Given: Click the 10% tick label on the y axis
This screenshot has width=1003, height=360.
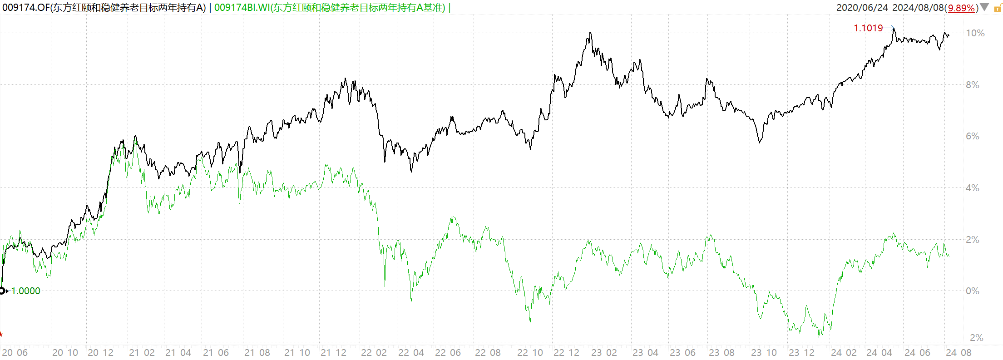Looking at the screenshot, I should click(975, 33).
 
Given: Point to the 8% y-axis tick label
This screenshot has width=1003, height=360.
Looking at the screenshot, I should click(972, 85).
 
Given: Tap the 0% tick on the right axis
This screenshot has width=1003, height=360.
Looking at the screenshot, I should click(972, 291).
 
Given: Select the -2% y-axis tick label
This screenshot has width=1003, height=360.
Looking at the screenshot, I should click(974, 338).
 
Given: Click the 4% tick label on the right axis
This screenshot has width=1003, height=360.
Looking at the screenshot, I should click(972, 188).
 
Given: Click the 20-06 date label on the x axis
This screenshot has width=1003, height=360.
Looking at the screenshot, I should click(15, 353).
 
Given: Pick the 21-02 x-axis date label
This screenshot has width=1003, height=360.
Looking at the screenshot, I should click(142, 353).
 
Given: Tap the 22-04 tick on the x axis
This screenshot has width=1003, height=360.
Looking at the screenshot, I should click(411, 353).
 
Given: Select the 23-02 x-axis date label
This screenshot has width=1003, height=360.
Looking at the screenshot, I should click(604, 353).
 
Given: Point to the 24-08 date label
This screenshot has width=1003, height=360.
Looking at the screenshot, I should click(959, 353).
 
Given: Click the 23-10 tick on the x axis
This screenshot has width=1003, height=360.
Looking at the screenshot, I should click(764, 353).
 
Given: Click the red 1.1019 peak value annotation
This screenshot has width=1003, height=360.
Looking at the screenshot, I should click(868, 28).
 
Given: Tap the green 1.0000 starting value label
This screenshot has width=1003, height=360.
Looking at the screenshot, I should click(25, 291).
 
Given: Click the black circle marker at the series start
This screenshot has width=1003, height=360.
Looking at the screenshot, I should click(2, 291).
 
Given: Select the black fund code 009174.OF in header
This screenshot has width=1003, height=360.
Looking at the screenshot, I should click(26, 8).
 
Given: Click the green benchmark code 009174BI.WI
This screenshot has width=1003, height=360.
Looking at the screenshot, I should click(242, 8).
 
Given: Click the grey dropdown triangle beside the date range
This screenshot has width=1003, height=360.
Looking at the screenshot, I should click(984, 7).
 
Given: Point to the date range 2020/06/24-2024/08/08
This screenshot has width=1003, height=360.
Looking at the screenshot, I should click(890, 8).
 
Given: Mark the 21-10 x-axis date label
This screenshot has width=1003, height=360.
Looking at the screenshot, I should click(297, 353).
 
